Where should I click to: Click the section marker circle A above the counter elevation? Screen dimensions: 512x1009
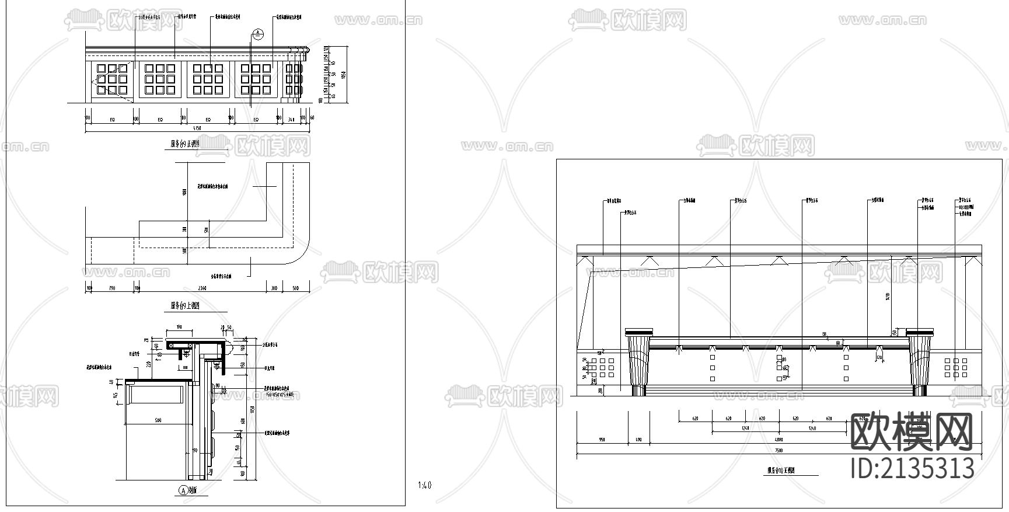point(259,34)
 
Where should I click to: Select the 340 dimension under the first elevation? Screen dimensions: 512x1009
point(291,119)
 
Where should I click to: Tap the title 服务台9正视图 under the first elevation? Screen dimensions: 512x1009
point(185,144)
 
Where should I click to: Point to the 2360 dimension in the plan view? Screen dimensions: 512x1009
point(202,288)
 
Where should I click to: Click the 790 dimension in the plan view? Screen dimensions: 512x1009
point(112,288)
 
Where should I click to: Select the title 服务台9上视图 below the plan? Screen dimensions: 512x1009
point(185,306)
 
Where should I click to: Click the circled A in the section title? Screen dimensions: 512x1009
point(183,490)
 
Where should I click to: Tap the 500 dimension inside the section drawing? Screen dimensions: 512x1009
point(158,420)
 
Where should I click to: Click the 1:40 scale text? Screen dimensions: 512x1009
point(425,485)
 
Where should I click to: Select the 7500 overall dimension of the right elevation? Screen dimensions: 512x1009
point(778,450)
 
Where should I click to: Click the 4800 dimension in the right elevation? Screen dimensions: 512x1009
point(778,439)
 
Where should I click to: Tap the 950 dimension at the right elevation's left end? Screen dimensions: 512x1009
point(602,439)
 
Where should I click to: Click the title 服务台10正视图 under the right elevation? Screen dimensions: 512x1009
point(781,470)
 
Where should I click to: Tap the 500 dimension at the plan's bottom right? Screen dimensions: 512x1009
point(296,288)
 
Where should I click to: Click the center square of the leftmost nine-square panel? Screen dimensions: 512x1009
point(111,79)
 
